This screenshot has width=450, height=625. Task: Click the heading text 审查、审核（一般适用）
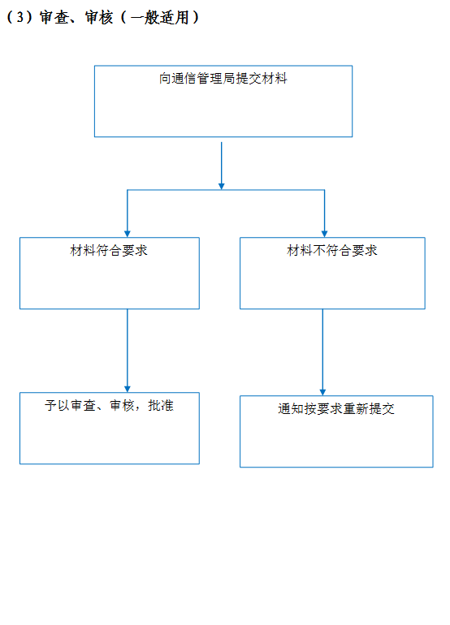pos(119,17)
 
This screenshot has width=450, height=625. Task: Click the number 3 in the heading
pos(20,18)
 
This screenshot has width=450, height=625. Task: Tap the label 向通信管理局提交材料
pos(223,78)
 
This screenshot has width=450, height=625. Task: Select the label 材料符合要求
pos(109,250)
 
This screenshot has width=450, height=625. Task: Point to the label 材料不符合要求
pos(332,250)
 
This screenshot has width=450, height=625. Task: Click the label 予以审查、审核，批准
pos(109,405)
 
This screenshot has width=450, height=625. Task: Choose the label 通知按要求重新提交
pos(336,408)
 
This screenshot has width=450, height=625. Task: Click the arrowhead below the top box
pos(222,187)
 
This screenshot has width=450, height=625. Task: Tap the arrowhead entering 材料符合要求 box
pos(128,234)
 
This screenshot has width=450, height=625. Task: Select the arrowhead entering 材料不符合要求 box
pos(324,234)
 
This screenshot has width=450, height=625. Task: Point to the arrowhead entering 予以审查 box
pos(128,389)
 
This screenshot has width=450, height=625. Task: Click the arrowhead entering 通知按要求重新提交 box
pos(322,392)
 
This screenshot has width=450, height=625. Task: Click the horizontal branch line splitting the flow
pos(226,190)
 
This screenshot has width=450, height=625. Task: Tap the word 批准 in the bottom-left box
pos(161,405)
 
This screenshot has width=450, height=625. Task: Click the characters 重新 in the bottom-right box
pos(356,408)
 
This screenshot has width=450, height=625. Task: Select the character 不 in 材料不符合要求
pos(319,250)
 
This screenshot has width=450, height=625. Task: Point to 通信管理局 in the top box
pos(203,78)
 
